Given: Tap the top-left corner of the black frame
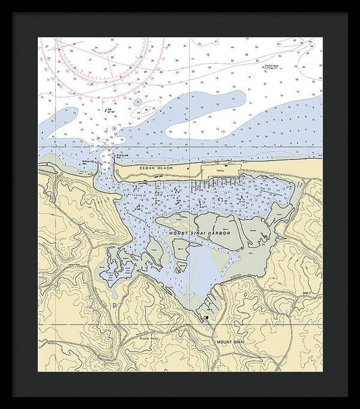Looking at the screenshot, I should pyautogui.click(x=13, y=13).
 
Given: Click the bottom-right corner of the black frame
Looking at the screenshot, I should pyautogui.click(x=347, y=396).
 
